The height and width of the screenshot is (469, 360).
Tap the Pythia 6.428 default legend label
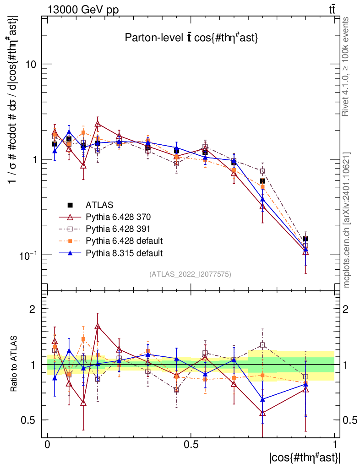coord(124,240)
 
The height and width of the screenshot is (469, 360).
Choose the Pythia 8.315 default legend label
coord(124,252)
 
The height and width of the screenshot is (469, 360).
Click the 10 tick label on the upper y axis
coord(30,64)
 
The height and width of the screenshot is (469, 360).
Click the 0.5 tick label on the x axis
coord(191,445)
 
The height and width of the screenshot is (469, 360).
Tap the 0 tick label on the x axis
coord(48,445)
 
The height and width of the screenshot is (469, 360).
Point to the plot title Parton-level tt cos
coord(191,38)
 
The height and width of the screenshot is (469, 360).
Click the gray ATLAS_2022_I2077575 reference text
coord(190,274)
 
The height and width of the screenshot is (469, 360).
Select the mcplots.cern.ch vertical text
coord(346,220)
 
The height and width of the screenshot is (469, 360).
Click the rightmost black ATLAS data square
coord(305,239)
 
